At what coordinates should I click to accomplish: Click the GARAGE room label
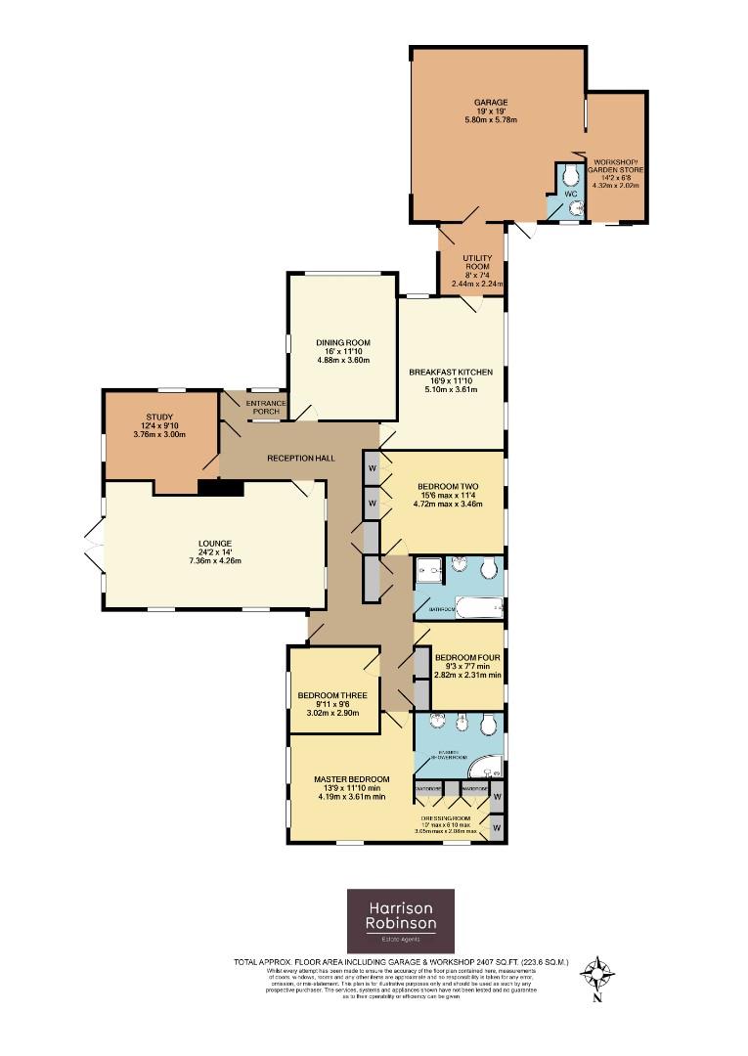click(491, 102)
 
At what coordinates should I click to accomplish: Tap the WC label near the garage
click(572, 195)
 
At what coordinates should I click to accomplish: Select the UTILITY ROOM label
click(477, 261)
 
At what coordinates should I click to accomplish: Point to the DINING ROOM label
click(341, 342)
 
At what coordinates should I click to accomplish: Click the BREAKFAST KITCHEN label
click(450, 373)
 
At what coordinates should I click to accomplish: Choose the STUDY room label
click(161, 418)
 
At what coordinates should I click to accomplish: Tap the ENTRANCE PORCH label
click(264, 407)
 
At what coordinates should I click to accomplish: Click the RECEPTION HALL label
click(295, 458)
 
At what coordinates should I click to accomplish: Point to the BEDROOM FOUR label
click(466, 657)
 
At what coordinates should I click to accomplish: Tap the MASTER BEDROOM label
click(351, 779)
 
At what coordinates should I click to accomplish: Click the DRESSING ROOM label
click(446, 817)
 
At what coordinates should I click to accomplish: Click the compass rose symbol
click(595, 973)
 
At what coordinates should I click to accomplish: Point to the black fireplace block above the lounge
click(220, 488)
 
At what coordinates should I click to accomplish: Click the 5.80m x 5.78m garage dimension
click(491, 120)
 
